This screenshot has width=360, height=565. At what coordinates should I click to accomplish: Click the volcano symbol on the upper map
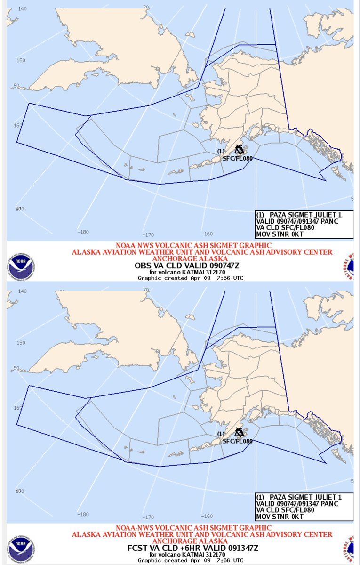[240, 150]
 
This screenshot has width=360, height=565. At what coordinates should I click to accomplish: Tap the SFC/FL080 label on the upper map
[238, 158]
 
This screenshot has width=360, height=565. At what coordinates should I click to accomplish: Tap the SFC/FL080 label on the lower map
[238, 441]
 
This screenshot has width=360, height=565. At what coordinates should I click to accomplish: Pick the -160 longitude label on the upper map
[207, 234]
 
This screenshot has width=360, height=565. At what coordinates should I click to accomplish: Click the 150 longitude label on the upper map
[21, 60]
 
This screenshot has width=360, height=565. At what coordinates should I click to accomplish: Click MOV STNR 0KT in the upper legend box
[279, 234]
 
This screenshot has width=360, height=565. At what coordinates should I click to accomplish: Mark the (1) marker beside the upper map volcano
[222, 151]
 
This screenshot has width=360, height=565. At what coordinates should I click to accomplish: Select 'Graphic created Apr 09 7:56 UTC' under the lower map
[190, 560]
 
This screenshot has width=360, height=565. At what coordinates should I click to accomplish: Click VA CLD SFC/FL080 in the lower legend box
[286, 510]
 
